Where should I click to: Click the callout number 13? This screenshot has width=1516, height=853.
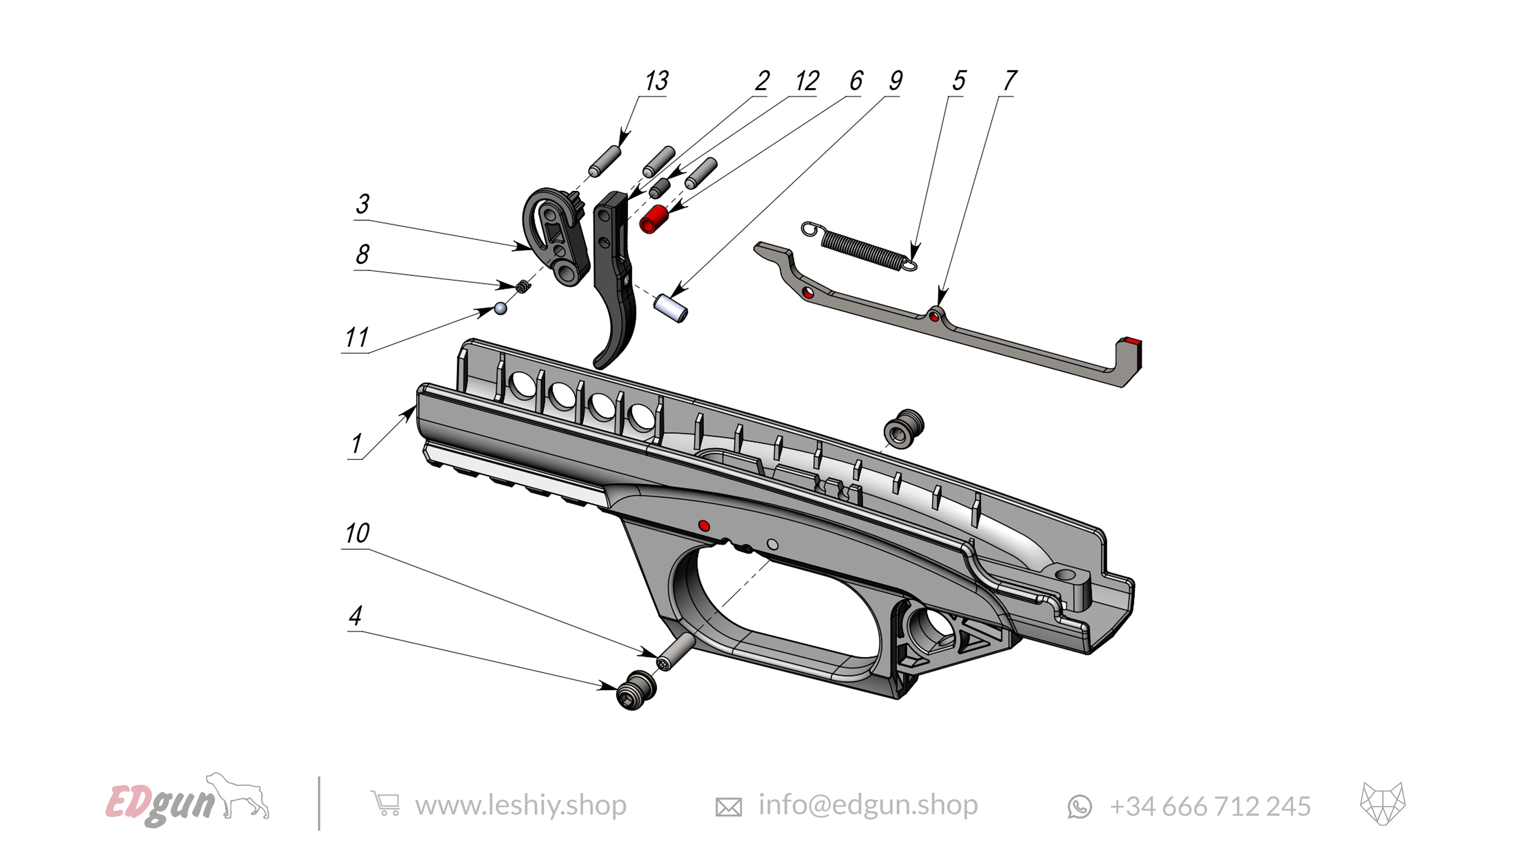tap(656, 81)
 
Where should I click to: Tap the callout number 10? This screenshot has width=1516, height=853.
tap(357, 533)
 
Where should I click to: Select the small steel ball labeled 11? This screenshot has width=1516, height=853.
tap(500, 308)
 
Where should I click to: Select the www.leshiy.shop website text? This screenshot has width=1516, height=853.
tap(520, 805)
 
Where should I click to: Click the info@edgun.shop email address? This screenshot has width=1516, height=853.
tap(868, 805)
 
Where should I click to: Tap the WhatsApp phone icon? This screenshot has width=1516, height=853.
tap(1079, 806)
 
